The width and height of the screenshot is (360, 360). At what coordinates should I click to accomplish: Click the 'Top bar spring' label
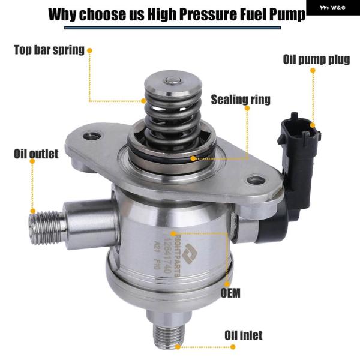click(49, 50)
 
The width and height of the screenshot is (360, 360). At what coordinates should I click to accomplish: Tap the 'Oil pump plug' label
click(316, 59)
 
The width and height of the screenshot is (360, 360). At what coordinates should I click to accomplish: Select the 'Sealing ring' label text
click(241, 100)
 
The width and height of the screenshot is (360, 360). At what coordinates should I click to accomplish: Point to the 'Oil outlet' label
click(36, 154)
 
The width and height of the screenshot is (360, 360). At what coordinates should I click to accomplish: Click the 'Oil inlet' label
click(244, 335)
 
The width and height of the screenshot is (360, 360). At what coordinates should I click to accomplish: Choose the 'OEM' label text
click(230, 293)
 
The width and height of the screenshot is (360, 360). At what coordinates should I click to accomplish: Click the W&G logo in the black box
click(332, 8)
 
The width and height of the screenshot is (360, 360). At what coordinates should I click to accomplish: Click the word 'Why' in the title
click(62, 14)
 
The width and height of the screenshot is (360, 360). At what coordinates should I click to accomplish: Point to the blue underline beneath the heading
click(172, 28)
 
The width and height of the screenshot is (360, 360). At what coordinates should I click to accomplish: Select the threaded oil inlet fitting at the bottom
click(169, 335)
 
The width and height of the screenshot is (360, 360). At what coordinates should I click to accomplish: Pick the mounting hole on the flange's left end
click(92, 136)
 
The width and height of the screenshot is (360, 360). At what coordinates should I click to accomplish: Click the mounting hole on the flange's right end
click(256, 180)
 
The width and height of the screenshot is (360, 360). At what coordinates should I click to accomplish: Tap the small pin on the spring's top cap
click(173, 80)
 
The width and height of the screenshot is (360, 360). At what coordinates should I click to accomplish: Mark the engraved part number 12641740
click(167, 255)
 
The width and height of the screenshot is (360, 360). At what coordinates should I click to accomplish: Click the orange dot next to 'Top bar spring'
click(89, 50)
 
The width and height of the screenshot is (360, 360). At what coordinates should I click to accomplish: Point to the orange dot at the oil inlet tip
click(178, 347)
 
